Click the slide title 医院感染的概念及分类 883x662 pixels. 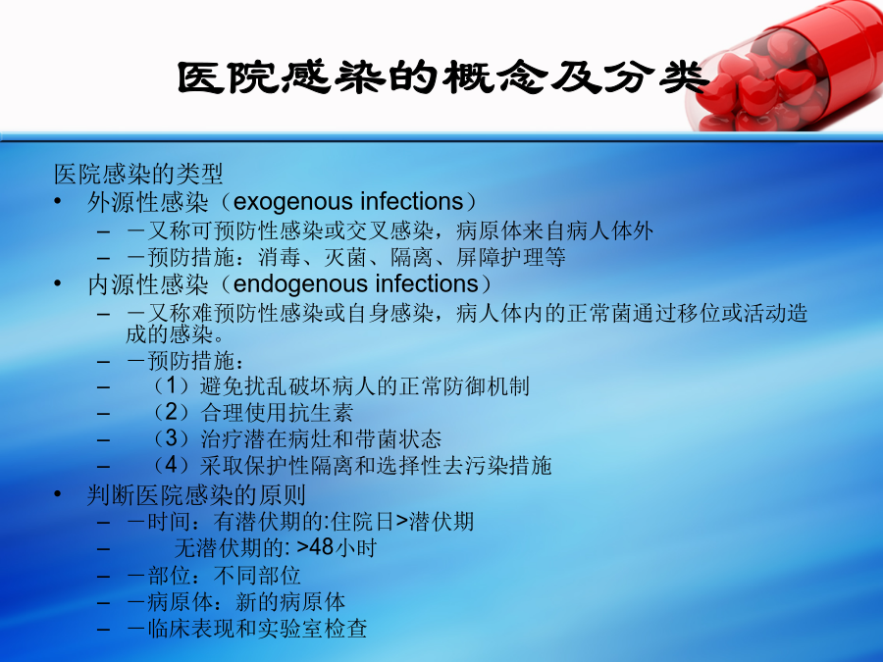[x=442, y=77]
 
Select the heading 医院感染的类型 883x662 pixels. [x=138, y=174]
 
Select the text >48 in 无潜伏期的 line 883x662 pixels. [x=315, y=547]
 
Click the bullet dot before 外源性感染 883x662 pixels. [x=58, y=201]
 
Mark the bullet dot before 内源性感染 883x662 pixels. [x=58, y=283]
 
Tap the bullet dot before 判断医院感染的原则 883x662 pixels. [x=58, y=494]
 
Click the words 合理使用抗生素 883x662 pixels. [x=277, y=413]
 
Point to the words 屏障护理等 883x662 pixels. [x=511, y=257]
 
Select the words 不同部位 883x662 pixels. [x=257, y=576]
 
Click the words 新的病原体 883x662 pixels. [x=290, y=602]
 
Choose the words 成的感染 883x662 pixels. [x=169, y=334]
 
